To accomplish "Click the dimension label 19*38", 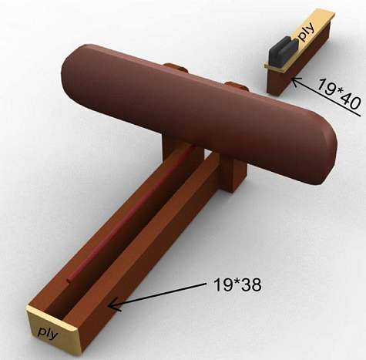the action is point(237,284).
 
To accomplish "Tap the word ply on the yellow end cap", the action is point(49,333).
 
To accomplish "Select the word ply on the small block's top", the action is point(306,32).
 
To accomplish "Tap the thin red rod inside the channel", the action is point(131,214).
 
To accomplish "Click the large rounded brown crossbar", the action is point(199,113).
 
